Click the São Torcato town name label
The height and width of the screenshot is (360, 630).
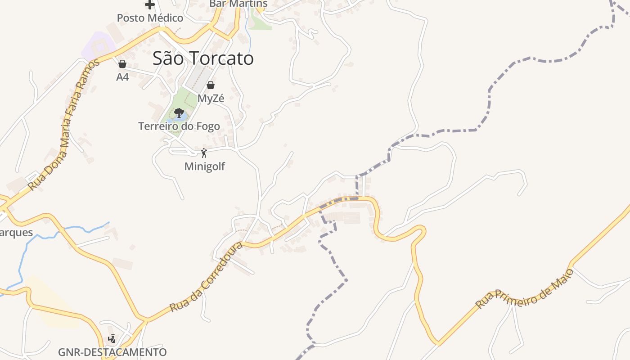click(x=203, y=58)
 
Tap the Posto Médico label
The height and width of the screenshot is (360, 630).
click(x=150, y=18)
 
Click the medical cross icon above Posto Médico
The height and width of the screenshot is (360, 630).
click(x=150, y=5)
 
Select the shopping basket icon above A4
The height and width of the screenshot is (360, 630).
click(x=122, y=64)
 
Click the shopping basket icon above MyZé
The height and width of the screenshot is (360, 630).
click(x=211, y=85)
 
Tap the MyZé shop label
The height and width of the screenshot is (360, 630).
click(x=211, y=99)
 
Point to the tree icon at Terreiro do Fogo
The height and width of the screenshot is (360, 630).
click(x=179, y=112)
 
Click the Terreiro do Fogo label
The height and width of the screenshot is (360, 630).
click(x=179, y=126)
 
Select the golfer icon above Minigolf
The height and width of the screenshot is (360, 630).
click(x=204, y=153)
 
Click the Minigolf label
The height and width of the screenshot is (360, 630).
click(x=204, y=166)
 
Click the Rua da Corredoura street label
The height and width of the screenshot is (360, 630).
click(x=207, y=277)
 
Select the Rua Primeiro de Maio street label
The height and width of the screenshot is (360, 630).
click(x=525, y=288)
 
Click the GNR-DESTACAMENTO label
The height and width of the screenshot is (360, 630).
click(x=112, y=352)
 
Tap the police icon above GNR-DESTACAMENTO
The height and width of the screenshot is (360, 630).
click(x=112, y=339)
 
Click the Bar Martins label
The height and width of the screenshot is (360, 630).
click(x=238, y=4)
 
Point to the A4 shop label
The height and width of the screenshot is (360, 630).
click(x=122, y=77)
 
